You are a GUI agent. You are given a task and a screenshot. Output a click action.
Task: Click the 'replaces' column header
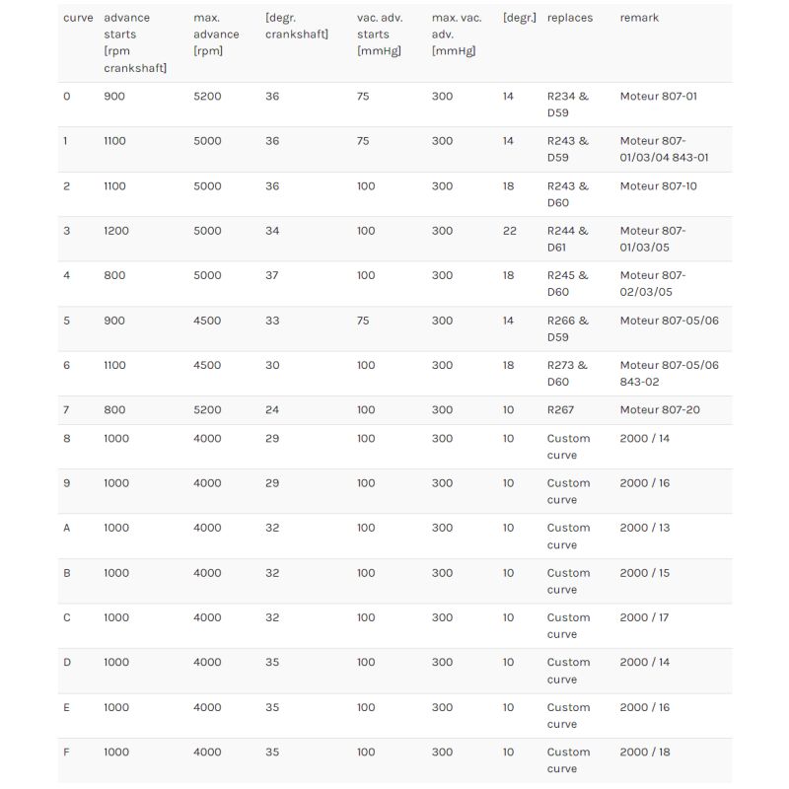(570, 18)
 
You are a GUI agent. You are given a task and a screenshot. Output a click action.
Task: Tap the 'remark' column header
(639, 18)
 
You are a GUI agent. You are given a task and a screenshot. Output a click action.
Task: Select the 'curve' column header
(78, 18)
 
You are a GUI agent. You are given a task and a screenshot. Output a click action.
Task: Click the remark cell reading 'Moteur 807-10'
(658, 185)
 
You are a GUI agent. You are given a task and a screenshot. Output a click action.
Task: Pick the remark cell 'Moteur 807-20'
(660, 409)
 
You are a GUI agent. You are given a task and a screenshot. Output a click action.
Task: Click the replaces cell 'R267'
(561, 409)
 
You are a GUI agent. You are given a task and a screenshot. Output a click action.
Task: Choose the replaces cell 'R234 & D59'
(567, 105)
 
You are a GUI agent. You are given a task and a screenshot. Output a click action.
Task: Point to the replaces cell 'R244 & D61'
(567, 239)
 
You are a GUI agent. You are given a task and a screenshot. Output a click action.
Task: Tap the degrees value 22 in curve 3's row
(509, 231)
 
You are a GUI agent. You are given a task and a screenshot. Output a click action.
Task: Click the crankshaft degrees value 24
(272, 409)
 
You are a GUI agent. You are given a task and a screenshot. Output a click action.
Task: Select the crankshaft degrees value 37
(272, 275)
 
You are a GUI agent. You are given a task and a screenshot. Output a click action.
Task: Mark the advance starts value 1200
(115, 231)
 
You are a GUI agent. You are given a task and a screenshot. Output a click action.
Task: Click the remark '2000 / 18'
(644, 752)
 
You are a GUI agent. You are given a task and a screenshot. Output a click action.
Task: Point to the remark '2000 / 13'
(644, 528)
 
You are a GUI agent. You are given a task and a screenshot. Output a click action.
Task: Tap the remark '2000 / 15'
(644, 573)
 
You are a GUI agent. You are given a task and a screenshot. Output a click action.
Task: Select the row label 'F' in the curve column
(66, 752)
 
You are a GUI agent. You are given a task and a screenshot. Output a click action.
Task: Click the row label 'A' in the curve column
(67, 528)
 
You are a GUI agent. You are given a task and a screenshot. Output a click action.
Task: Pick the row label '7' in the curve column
(66, 409)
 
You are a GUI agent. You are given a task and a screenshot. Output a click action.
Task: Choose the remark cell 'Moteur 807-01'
(658, 97)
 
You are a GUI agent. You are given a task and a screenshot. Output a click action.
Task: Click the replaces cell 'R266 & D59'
(567, 328)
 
